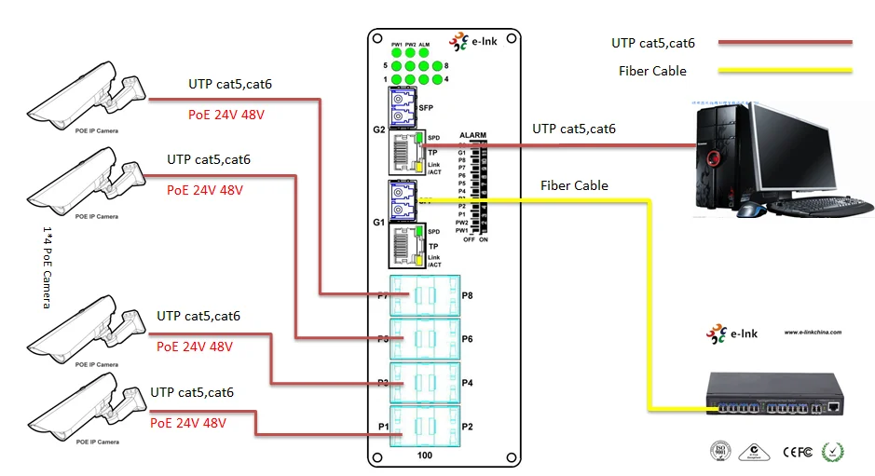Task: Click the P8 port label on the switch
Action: pos(468,296)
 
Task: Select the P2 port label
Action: pos(468,427)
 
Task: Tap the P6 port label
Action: pos(468,340)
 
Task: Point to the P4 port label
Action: pos(468,384)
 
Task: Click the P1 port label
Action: pos(383,427)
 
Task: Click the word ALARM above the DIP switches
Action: pos(473,135)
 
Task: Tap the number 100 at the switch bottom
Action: pos(425,456)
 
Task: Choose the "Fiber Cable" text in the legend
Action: pos(652,71)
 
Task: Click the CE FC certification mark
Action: pos(800,452)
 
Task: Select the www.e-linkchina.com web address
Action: pos(813,332)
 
